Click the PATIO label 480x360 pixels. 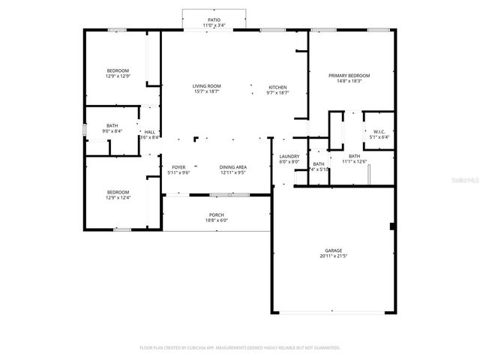[x=214, y=19]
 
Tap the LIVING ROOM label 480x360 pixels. [x=207, y=86]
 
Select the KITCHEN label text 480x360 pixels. [x=278, y=87]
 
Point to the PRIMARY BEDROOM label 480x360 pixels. [x=349, y=75]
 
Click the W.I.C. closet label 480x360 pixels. [x=379, y=132]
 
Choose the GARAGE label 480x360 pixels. [x=334, y=250]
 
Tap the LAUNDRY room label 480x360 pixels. [x=289, y=156]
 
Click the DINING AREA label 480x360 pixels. [x=233, y=167]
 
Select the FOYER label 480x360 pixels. [x=178, y=167]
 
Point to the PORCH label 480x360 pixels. [x=216, y=214]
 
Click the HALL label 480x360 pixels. [x=149, y=132]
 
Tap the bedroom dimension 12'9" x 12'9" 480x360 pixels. [x=117, y=76]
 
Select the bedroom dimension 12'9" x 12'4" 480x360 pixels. [x=117, y=197]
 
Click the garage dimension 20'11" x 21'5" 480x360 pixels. [x=334, y=256]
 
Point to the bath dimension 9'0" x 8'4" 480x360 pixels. [x=112, y=131]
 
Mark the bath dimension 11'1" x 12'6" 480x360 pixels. [x=354, y=161]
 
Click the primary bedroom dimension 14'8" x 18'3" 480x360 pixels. [x=349, y=81]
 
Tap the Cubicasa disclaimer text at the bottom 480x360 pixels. [x=240, y=347]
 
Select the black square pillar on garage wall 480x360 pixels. [x=392, y=226]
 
